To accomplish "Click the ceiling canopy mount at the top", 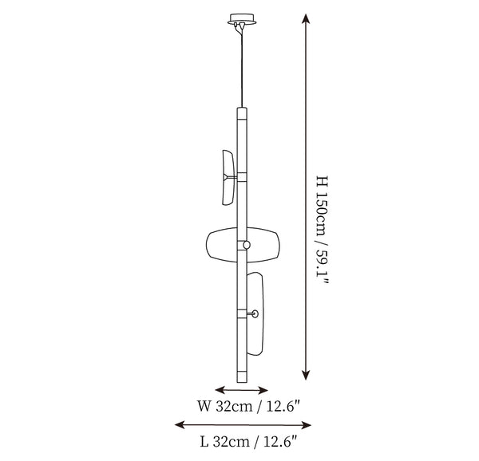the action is click(x=242, y=19).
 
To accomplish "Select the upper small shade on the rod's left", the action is click(x=228, y=177).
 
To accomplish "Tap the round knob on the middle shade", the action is click(x=247, y=245).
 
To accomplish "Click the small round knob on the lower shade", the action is click(x=255, y=313).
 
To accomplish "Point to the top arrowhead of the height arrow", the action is click(x=306, y=19).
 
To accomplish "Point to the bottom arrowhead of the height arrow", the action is click(x=306, y=375).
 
